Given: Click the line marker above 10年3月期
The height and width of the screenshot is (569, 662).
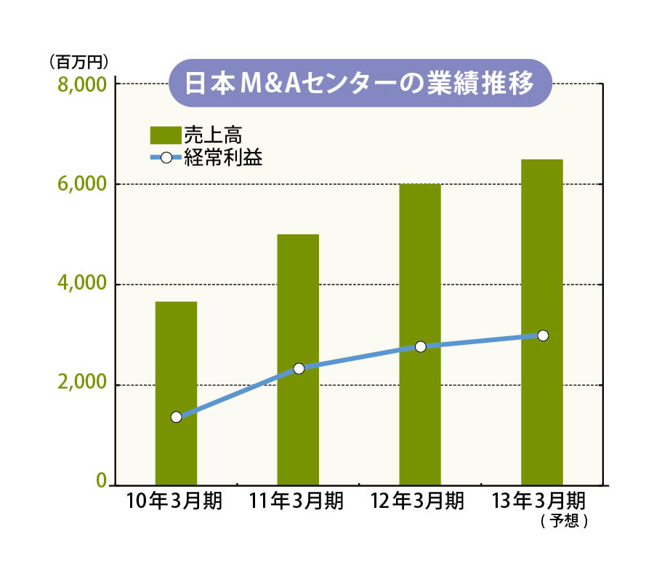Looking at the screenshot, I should [x=176, y=417].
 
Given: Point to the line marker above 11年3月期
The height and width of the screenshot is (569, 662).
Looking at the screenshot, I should [x=299, y=368].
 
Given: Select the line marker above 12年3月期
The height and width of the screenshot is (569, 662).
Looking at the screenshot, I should [x=420, y=346].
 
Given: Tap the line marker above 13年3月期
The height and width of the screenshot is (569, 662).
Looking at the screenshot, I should [x=542, y=335].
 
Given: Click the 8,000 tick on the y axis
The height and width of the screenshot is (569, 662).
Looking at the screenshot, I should [x=81, y=84].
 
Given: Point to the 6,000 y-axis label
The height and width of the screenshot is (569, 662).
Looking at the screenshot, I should [x=81, y=185].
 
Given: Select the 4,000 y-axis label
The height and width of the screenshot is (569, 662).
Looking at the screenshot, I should [x=81, y=284].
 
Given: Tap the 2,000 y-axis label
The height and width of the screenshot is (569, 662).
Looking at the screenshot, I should [x=81, y=385].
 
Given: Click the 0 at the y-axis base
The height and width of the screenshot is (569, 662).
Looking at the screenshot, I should [x=102, y=481].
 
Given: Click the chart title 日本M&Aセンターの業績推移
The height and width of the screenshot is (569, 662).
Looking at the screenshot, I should [x=359, y=83].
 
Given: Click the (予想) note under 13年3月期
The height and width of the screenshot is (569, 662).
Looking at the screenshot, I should [x=564, y=521].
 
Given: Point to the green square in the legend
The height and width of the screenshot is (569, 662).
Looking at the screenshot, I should [x=165, y=135].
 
